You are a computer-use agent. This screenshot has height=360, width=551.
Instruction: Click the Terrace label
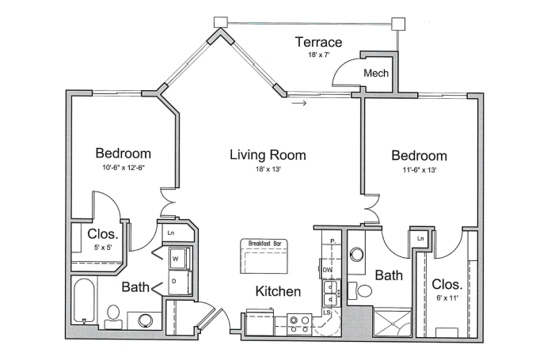318,42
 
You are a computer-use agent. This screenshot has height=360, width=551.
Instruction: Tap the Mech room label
376,73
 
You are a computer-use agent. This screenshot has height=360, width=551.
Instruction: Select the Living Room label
268,155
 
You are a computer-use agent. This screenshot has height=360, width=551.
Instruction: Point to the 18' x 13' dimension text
268,169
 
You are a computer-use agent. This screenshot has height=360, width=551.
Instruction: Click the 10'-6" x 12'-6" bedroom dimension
123,168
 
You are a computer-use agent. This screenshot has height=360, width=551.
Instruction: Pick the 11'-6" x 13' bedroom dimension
420,170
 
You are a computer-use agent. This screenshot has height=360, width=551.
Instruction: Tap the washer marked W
179,259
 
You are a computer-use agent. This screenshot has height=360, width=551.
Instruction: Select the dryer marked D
179,282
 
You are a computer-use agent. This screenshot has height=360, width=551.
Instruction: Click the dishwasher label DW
327,270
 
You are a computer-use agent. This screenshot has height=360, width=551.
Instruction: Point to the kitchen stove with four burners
299,324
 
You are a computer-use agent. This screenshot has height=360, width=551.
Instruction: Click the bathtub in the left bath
84,301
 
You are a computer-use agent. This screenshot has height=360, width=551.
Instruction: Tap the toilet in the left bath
113,316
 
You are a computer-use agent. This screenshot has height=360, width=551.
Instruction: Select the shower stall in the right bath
392,323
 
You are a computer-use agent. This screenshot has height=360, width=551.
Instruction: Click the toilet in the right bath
360,291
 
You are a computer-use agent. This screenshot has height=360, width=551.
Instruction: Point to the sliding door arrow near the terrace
299,104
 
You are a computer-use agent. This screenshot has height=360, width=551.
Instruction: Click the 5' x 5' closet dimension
103,248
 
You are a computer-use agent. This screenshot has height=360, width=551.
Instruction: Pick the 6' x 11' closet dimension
447,298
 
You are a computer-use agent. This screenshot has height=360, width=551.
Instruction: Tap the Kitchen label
278,291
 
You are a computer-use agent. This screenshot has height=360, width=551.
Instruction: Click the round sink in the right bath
357,254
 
